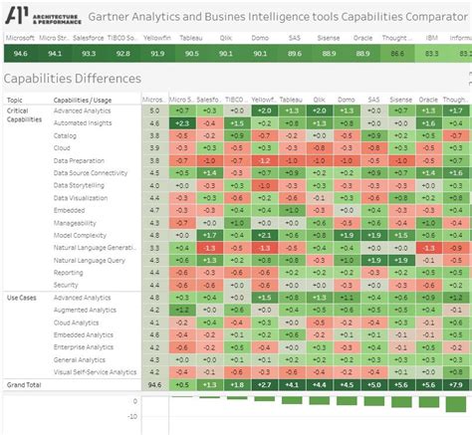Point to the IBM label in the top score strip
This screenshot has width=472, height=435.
click(431, 37)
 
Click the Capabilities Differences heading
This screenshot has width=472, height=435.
click(73, 78)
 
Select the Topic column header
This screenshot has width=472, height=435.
click(15, 100)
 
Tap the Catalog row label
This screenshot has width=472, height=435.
click(66, 134)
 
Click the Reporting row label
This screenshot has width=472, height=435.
click(69, 272)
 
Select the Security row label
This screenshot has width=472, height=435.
click(68, 285)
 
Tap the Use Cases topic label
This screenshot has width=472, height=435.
click(22, 298)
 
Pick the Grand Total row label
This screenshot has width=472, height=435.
click(25, 383)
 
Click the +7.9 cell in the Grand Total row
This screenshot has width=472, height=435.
click(456, 384)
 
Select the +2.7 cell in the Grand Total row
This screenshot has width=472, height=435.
click(264, 384)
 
